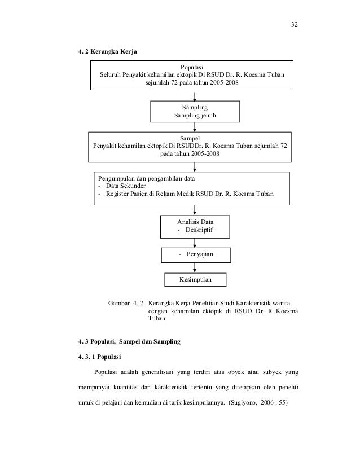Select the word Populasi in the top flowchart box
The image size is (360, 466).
[x=193, y=66]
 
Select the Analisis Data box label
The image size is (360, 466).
[x=195, y=222]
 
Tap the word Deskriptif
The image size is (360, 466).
[x=198, y=231]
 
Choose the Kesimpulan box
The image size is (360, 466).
[x=195, y=279]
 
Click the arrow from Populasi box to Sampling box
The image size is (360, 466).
[x=195, y=95]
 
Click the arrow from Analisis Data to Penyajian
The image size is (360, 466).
[x=195, y=243]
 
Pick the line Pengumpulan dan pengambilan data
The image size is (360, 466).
[x=146, y=177]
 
